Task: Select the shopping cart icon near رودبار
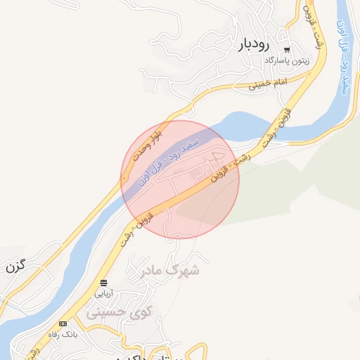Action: pos(287,50)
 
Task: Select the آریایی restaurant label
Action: pos(103,292)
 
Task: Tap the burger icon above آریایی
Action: pos(103,283)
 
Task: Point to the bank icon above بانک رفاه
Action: pos(63,323)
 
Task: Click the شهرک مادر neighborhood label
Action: pos(171,270)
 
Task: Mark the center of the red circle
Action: pos(180,179)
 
